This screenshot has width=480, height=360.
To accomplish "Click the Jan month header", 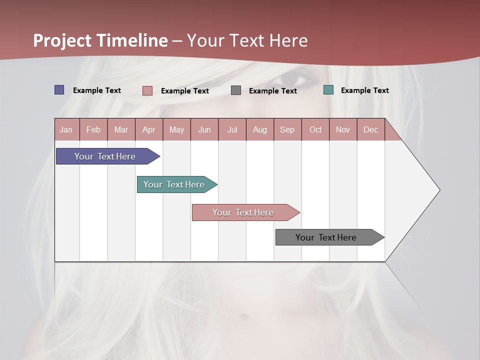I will tap(66, 129).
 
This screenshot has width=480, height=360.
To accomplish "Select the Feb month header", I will tap(93, 129).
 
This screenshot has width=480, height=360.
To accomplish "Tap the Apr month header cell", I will tap(149, 129).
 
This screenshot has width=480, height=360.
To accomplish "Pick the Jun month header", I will tap(204, 129).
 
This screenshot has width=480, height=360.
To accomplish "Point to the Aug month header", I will tap(260, 129).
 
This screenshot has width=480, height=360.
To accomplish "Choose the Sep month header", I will tap(287, 129).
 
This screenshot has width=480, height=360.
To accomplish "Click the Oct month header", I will tap(315, 129).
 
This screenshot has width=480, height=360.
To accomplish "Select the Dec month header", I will tap(371, 129).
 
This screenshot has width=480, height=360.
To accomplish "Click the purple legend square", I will tap(59, 90).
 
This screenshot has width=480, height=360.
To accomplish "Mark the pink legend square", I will tap(147, 90).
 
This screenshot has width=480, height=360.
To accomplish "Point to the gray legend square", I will tap(236, 90).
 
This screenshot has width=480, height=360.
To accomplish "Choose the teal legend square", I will tap(328, 90).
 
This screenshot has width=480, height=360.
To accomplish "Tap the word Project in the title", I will tap(62, 41).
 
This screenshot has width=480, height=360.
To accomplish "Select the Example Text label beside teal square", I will tap(364, 90).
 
